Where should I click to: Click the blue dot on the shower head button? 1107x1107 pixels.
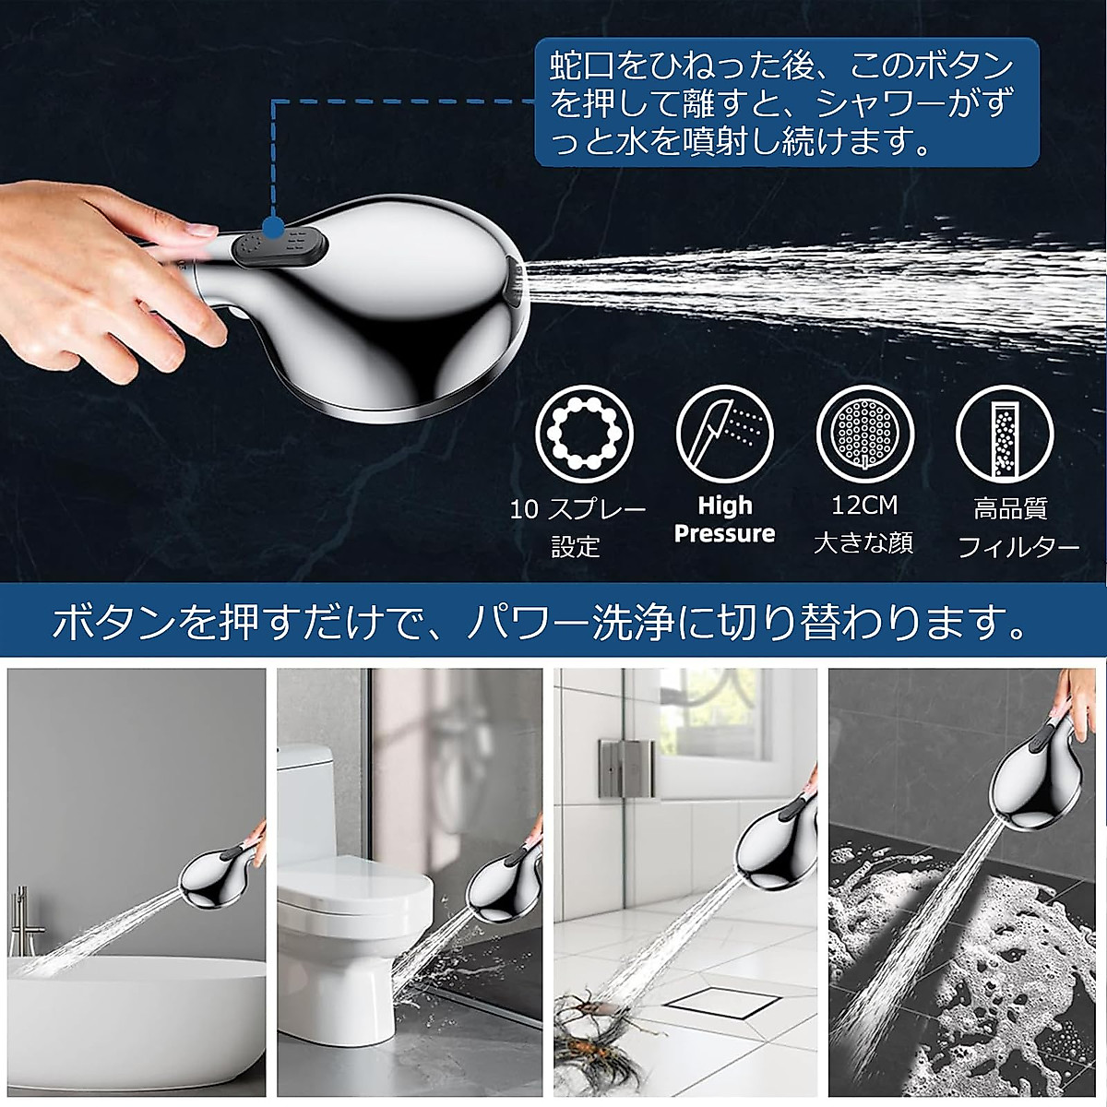272,227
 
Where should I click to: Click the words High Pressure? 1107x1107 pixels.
724,519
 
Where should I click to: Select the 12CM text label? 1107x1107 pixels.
863,505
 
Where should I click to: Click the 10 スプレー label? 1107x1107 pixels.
577,508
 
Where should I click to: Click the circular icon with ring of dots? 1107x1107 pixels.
584,433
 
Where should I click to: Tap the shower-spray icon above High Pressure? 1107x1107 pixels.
724,433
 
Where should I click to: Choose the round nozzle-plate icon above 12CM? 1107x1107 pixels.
864,433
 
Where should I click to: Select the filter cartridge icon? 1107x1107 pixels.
1005,433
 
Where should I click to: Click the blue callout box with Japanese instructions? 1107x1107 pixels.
786,102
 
